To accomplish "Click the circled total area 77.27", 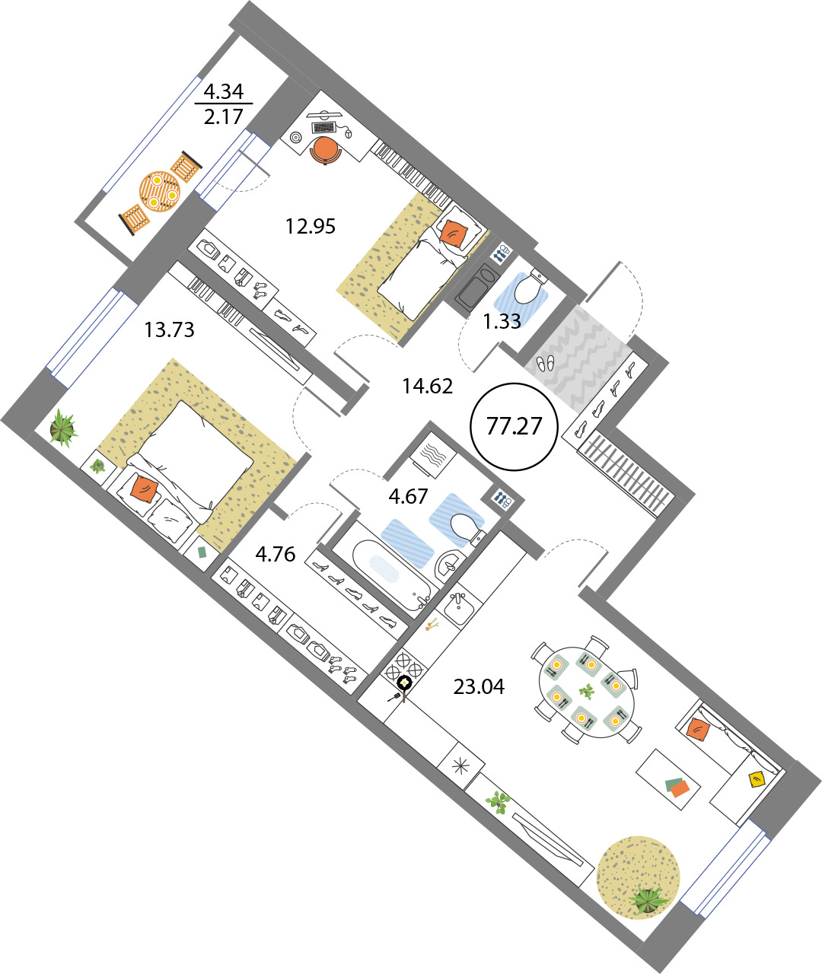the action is (514, 426).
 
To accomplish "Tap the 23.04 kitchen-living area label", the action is (479, 687).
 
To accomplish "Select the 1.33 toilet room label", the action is (502, 321).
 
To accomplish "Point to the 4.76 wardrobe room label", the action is (276, 554).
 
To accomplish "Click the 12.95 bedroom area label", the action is (311, 227).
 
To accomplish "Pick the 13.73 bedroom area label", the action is (169, 329).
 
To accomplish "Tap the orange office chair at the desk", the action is (325, 150).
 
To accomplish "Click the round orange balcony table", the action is (159, 192).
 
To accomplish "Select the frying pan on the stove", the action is (403, 686).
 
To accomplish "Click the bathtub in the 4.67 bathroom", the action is (393, 572).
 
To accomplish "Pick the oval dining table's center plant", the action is (587, 691).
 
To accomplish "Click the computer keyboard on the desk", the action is (324, 127).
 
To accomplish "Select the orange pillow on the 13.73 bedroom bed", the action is (145, 489).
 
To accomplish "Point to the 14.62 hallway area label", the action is (427, 387).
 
